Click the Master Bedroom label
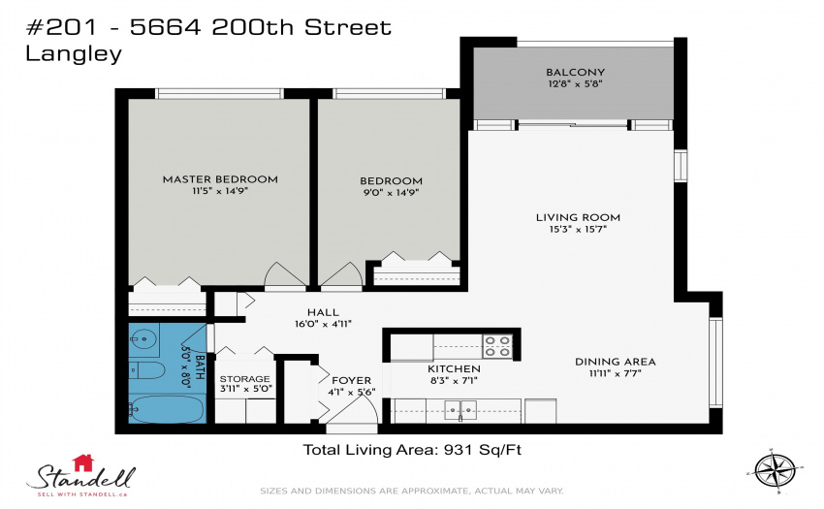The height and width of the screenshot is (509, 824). click(x=220, y=179)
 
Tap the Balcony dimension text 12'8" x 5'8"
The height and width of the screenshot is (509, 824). click(x=576, y=83)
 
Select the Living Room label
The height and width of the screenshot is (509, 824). click(x=578, y=217)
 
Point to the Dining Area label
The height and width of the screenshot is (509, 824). click(x=616, y=362)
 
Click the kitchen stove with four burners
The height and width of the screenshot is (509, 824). click(x=497, y=346)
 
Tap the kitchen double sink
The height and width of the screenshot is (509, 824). click(x=460, y=409)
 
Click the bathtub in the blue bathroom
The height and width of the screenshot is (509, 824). click(x=167, y=409)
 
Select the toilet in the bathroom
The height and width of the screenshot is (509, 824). click(x=146, y=370)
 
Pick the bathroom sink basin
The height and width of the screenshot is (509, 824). click(x=144, y=339)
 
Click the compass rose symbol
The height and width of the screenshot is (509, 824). click(x=776, y=470)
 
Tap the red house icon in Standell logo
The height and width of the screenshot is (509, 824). click(x=83, y=462)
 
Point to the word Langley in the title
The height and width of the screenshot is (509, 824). click(x=74, y=54)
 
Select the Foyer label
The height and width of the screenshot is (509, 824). click(x=352, y=380)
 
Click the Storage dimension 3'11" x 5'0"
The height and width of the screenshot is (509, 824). click(x=245, y=389)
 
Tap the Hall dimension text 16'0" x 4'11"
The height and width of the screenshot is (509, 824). click(x=323, y=324)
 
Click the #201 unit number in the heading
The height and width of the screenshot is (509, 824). click(x=61, y=28)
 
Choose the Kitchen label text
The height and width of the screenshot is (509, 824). click(x=454, y=369)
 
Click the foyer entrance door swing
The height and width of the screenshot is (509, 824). click(x=357, y=409)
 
